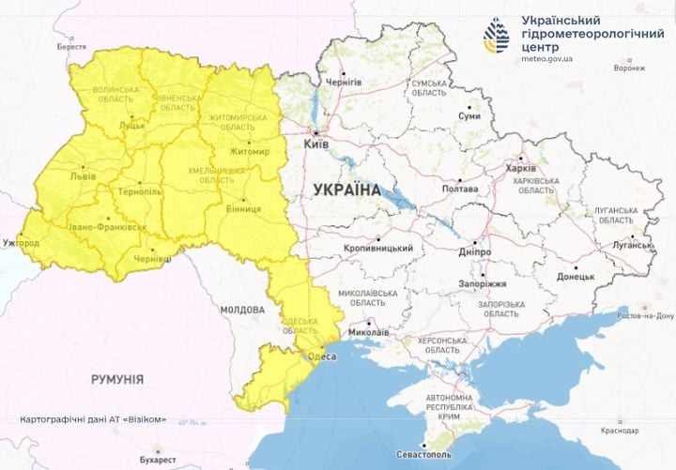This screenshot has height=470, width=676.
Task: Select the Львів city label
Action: click(82, 176)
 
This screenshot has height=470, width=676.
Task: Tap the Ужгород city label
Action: click(21, 243)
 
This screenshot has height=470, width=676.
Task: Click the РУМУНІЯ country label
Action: click(117, 379)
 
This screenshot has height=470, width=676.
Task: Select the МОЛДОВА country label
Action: click(242, 309)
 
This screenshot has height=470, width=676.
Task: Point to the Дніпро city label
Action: click(476, 252)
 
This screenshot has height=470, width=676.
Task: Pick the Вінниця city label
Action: click(243, 212)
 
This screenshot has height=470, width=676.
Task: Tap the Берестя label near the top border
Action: click(70, 46)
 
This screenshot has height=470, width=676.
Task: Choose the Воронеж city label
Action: click(628, 68)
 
